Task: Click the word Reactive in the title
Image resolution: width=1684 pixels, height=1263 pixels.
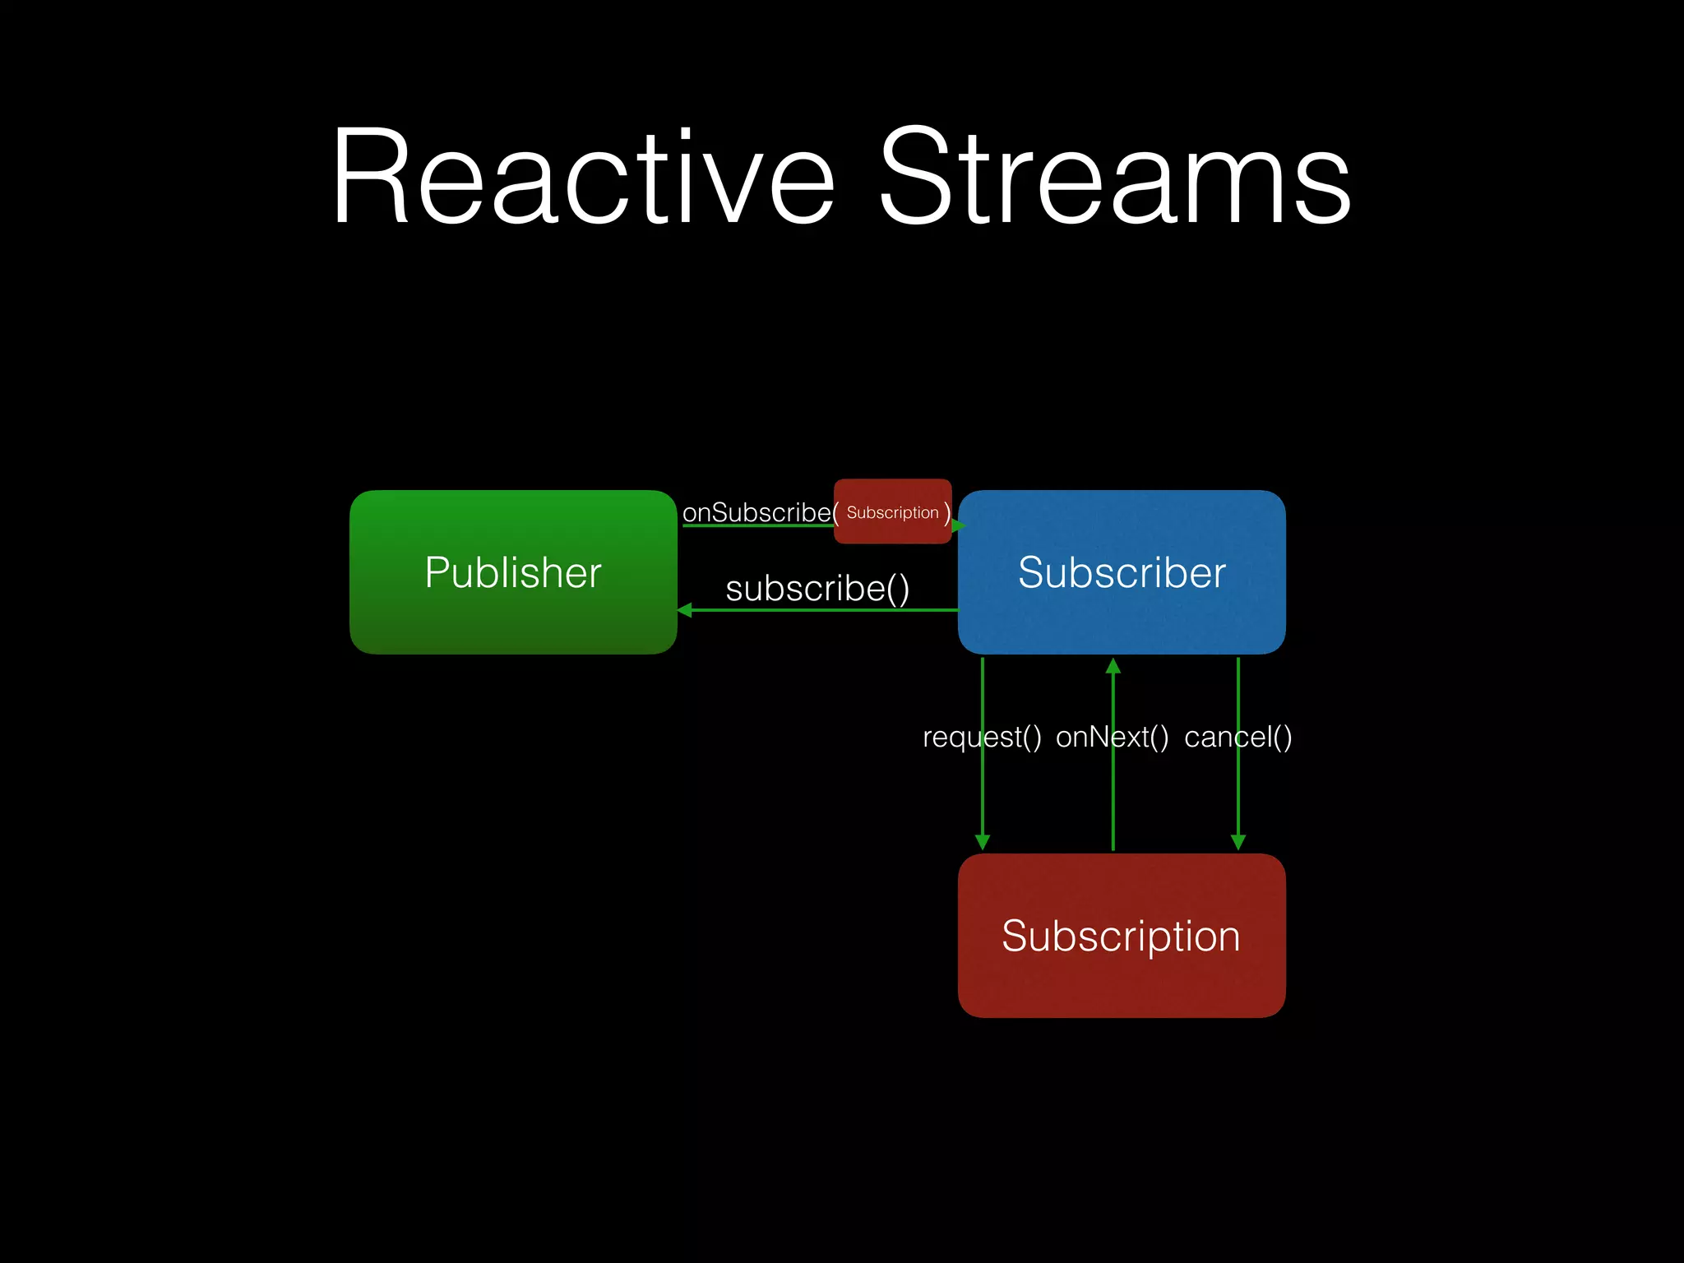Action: (584, 177)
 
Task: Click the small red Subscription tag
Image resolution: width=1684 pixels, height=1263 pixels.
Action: (892, 512)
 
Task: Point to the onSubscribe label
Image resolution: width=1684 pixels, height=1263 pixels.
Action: (756, 512)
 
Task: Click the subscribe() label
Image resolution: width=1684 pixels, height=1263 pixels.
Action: (817, 589)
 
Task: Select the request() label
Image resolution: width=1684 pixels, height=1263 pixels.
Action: (982, 737)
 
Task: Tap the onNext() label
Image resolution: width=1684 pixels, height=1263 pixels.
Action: (1112, 737)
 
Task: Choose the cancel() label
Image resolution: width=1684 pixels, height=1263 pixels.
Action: (1238, 737)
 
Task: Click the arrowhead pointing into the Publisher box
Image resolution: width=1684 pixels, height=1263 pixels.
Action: (685, 610)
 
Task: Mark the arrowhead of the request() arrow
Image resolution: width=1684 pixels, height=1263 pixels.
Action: (982, 841)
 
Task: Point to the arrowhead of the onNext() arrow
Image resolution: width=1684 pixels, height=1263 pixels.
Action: (1113, 666)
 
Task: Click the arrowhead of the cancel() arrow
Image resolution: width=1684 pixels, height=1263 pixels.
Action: (1238, 841)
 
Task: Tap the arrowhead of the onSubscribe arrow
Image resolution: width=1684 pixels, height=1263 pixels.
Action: (958, 525)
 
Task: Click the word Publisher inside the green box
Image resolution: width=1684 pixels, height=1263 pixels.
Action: (513, 572)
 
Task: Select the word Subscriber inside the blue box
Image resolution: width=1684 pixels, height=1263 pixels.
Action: (1122, 572)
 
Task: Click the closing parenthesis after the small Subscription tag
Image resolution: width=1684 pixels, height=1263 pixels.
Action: (946, 513)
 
